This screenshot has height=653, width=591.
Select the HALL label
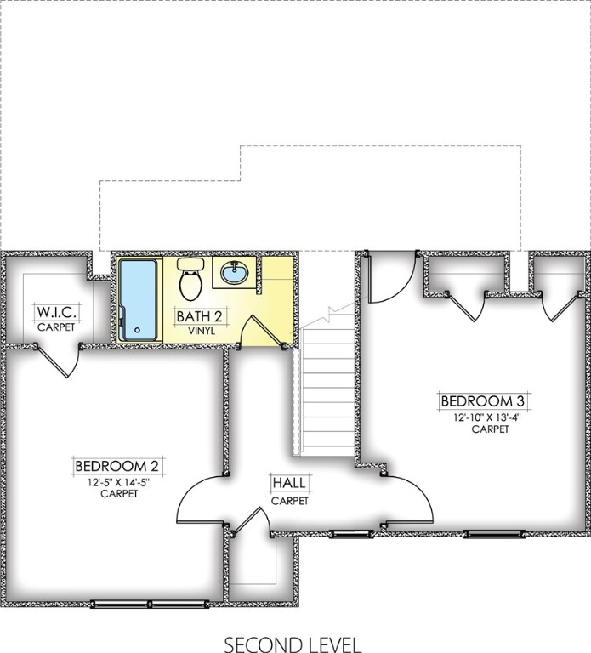[x=289, y=484]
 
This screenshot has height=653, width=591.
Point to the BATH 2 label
[x=199, y=316]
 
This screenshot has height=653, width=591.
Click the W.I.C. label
[x=55, y=310]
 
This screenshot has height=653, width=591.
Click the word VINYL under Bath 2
[x=199, y=330]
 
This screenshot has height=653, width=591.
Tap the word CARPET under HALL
[x=289, y=501]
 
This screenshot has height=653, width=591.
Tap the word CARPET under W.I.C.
[x=55, y=326]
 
